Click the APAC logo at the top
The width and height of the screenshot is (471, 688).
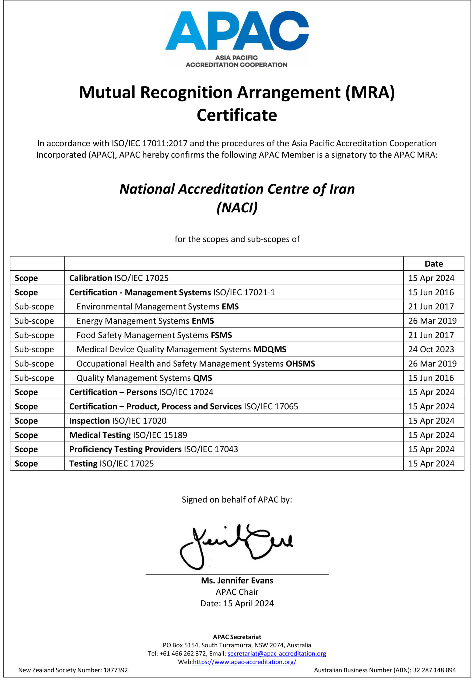tap(237, 38)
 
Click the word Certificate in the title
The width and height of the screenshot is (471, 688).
tap(237, 115)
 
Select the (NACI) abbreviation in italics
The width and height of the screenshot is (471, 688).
tap(237, 207)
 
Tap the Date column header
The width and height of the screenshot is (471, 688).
tap(433, 263)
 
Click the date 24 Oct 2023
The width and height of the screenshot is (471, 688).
tap(431, 349)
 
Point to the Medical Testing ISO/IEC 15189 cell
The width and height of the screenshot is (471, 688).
tap(128, 435)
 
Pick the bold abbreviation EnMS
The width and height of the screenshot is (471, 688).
tap(203, 321)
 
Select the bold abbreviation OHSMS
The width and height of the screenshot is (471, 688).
tap(300, 364)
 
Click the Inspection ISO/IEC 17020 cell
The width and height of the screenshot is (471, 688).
tap(118, 421)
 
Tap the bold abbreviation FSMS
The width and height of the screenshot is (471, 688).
tap(221, 335)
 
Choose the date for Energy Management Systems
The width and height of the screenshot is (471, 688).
tap(432, 321)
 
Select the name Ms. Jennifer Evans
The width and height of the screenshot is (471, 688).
tap(237, 580)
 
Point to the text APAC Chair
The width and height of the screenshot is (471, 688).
tap(237, 592)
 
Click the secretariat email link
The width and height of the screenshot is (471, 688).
tap(277, 654)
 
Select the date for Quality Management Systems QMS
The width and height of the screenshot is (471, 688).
tap(431, 378)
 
